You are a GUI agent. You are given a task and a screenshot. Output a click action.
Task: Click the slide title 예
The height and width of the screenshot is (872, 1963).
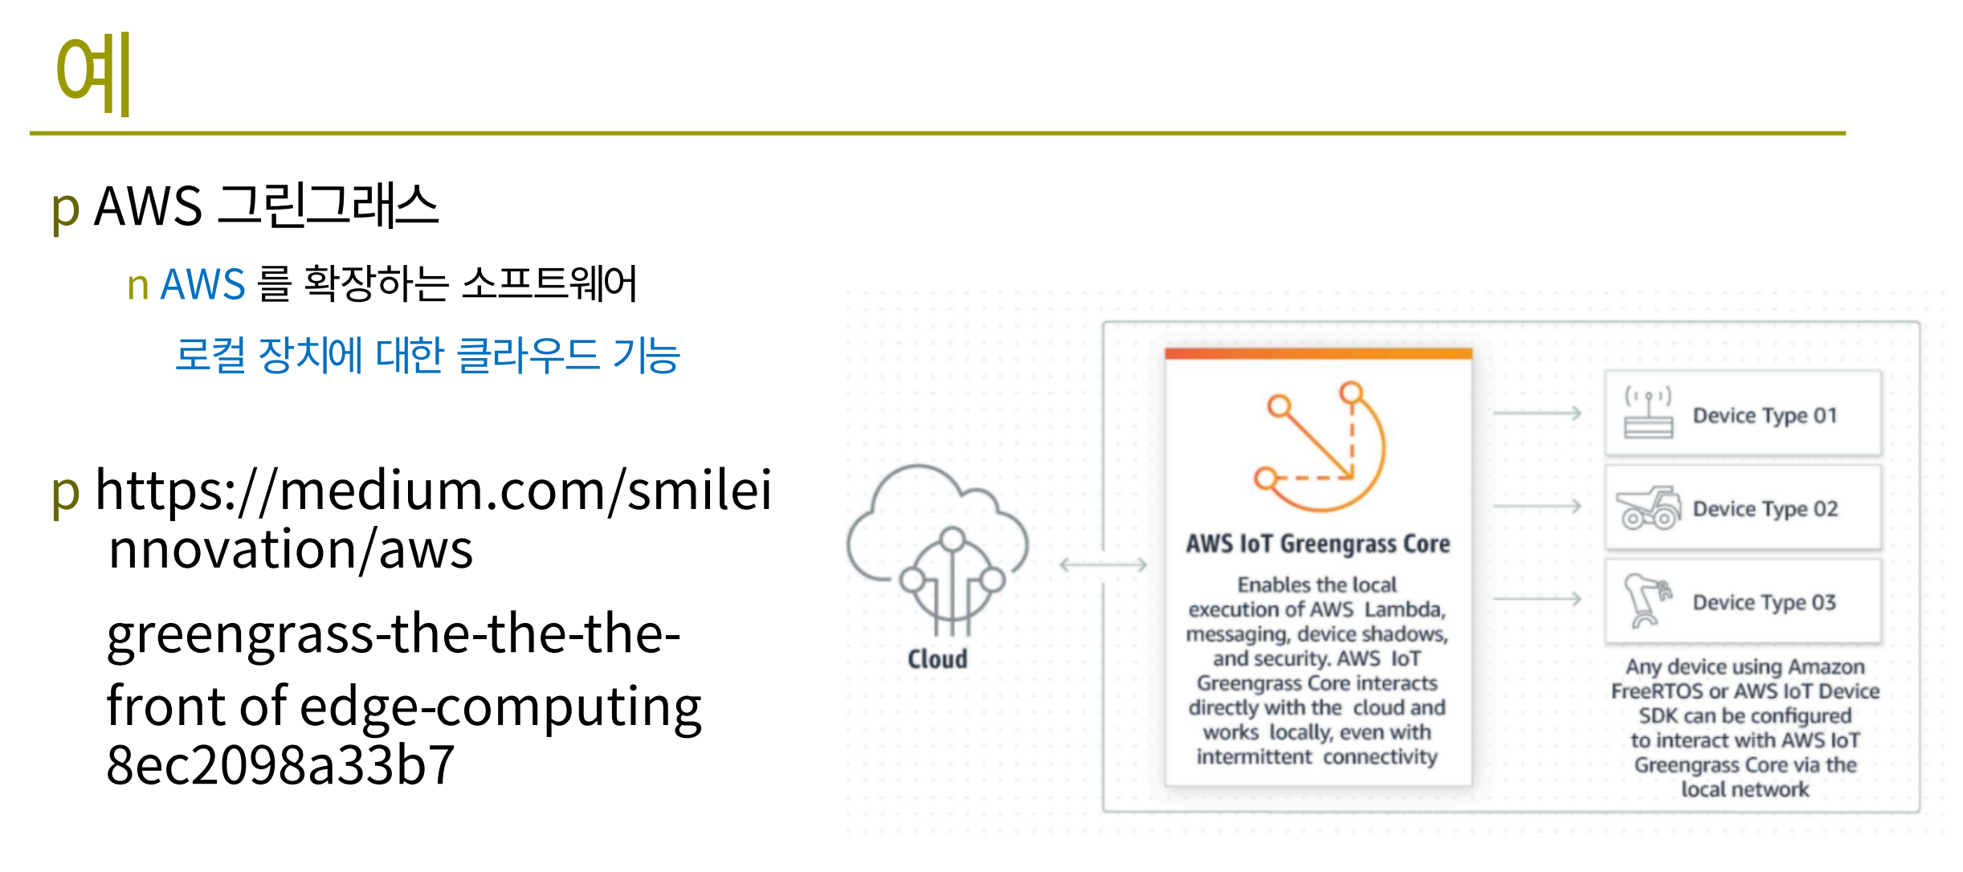[93, 74]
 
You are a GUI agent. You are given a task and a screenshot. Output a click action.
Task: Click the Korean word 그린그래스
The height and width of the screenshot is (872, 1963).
[328, 206]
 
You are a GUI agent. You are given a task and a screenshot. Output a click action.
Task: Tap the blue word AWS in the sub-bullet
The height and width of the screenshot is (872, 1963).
[202, 284]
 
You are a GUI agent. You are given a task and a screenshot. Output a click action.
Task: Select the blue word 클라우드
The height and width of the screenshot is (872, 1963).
[528, 355]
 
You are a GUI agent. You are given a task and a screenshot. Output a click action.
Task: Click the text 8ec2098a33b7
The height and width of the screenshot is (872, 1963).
[281, 764]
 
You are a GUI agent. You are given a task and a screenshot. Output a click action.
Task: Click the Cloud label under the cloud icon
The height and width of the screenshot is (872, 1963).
[937, 659]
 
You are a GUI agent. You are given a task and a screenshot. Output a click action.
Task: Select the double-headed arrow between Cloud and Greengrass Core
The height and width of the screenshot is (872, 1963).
[1104, 564]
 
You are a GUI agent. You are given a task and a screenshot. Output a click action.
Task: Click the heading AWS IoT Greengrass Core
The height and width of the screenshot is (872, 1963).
[1318, 544]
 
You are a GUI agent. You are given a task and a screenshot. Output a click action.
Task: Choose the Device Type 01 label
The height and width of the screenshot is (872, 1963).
[1765, 415]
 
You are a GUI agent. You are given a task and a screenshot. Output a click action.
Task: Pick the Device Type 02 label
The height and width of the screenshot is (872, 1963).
[1765, 508]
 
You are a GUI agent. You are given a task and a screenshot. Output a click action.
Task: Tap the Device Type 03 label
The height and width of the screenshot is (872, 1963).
[1765, 602]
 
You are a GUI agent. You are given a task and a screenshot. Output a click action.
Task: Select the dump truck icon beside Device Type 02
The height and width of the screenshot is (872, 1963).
[1649, 507]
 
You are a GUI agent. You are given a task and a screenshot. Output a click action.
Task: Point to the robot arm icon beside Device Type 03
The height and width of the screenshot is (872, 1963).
[1647, 600]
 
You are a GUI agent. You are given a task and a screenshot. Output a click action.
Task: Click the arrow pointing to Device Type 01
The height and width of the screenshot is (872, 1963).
[1537, 414]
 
